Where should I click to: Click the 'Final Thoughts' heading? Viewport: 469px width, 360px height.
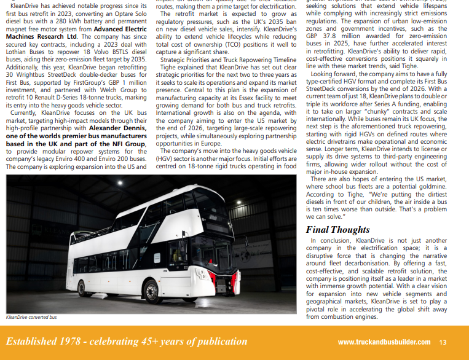click(338, 230)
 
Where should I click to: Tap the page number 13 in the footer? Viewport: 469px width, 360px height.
click(443, 342)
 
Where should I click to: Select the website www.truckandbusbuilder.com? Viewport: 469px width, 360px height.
click(387, 342)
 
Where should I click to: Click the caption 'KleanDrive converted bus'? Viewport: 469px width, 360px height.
click(31, 318)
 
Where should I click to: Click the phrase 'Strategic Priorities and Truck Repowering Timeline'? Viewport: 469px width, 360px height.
click(228, 60)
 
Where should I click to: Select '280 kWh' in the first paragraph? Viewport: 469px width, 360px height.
click(92, 22)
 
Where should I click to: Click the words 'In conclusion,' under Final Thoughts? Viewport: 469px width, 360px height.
click(332, 241)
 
